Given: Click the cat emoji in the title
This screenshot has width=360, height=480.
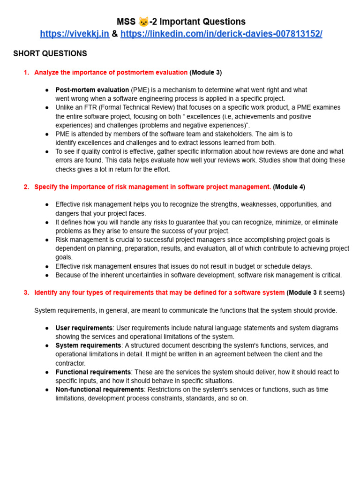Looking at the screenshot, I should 143,22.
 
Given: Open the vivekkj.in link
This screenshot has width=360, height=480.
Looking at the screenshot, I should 75,34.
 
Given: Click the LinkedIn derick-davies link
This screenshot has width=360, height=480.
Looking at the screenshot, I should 221,34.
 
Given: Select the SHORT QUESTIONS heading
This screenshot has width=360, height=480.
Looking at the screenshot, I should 50,53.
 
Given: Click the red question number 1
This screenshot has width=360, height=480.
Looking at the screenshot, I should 26,72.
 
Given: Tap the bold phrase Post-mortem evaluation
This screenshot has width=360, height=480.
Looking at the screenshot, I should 92,90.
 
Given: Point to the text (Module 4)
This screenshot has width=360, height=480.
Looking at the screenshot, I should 289,187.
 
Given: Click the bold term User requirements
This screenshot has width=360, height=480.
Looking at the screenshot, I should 84,328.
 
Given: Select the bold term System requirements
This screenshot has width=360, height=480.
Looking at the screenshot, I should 88,345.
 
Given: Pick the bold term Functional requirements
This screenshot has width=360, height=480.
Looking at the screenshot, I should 93,372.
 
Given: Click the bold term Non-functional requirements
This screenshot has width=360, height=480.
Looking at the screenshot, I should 99,390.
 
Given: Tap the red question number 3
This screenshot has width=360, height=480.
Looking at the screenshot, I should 26,292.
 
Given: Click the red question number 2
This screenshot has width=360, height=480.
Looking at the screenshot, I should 26,187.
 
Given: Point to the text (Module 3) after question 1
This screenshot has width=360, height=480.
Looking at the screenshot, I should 206,72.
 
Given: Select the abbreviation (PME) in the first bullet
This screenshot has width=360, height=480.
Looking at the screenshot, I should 140,90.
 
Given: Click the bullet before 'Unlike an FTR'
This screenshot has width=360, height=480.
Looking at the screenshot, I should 47,107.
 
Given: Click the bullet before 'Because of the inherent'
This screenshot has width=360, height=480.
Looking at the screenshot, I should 47,275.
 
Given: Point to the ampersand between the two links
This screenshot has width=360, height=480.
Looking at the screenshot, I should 115,34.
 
